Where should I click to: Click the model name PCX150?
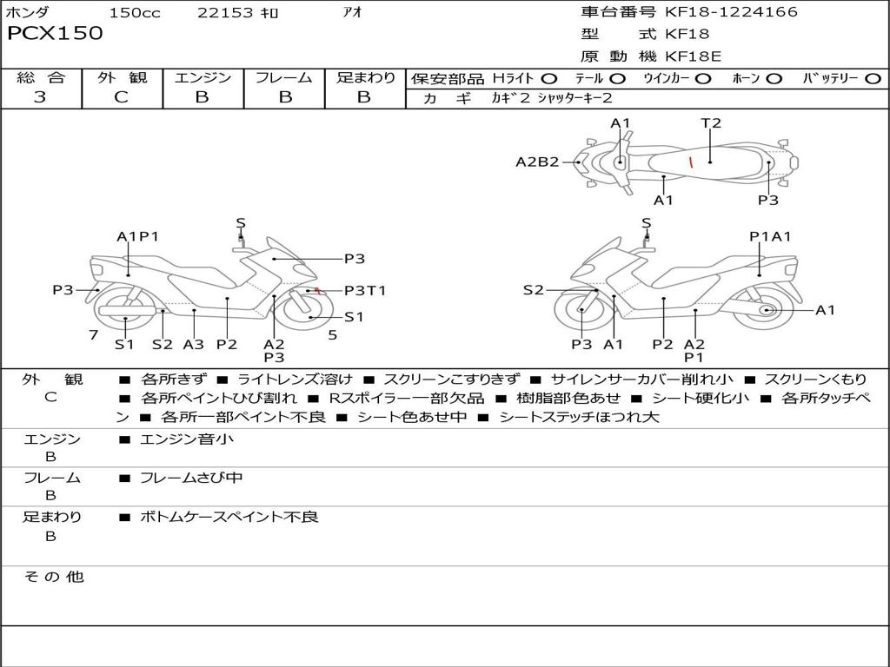coord(55,34)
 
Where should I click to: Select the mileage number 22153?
coord(225,12)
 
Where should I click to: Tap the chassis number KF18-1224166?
coord(731,12)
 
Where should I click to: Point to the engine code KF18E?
coord(694,57)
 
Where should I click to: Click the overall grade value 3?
coord(40,97)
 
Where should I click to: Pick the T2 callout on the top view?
coord(711,123)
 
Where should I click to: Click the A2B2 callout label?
coord(537,162)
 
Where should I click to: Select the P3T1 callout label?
coord(365,291)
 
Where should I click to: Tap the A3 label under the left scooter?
coord(193,344)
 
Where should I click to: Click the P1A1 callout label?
coord(770,236)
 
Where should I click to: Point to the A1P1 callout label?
coord(137,236)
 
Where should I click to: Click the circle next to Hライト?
coord(549,78)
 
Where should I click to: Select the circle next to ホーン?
coord(774,78)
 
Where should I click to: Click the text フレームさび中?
coord(191,478)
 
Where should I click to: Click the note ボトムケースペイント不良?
coord(229,517)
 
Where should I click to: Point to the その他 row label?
coord(53,577)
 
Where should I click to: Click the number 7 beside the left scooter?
coord(93,334)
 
